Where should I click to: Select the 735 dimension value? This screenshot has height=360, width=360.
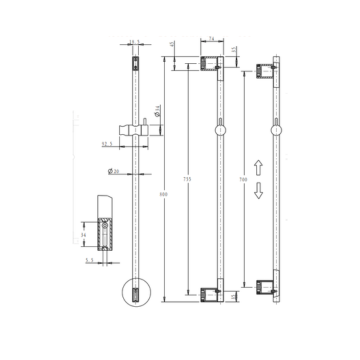187,180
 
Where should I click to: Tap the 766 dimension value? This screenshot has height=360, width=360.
245,180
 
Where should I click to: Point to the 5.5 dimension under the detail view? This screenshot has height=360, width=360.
90,261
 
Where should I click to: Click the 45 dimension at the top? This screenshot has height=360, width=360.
136,41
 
